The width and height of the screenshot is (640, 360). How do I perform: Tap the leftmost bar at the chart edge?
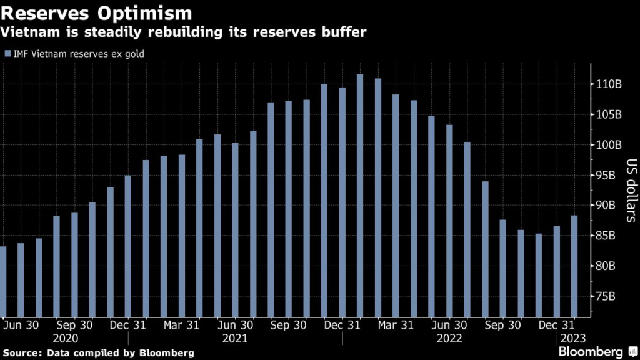pyautogui.click(x=2, y=281)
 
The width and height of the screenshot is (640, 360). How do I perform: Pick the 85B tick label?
pyautogui.click(x=606, y=236)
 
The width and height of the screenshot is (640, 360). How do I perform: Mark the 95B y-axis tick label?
pyautogui.click(x=606, y=175)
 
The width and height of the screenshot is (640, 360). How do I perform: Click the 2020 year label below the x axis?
pyautogui.click(x=66, y=339)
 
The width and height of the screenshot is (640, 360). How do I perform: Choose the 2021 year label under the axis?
pyautogui.click(x=235, y=339)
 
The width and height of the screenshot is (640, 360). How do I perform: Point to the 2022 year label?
pyautogui.click(x=449, y=339)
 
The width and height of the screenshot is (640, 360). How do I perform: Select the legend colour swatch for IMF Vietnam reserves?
pyautogui.click(x=7, y=54)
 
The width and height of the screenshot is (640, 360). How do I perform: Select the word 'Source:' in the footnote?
pyautogui.click(x=22, y=352)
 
